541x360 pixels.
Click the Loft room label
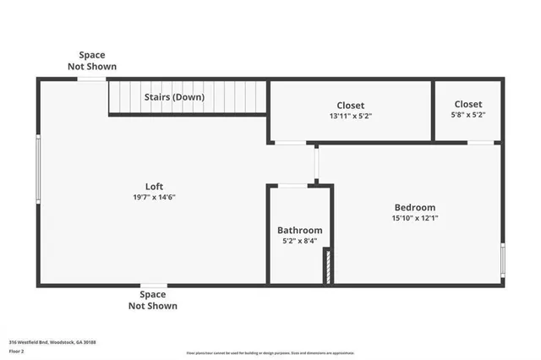[154, 186]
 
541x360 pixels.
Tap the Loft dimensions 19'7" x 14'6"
[154, 197]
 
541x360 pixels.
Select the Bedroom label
[414, 207]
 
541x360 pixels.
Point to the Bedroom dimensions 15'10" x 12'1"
[414, 218]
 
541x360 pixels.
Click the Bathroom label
[300, 230]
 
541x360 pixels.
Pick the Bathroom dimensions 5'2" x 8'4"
[300, 241]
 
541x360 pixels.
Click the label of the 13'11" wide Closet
[351, 105]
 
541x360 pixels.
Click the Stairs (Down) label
[175, 97]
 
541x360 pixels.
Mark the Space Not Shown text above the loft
[93, 60]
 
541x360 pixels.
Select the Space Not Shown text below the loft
[153, 300]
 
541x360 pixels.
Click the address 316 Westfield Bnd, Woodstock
[52, 341]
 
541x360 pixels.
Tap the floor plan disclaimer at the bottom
[270, 353]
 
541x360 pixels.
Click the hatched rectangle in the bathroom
[327, 267]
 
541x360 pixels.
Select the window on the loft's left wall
[38, 169]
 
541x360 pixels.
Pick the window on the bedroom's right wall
[503, 259]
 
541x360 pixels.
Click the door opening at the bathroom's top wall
[293, 185]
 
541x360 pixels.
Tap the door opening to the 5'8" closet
[482, 142]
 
